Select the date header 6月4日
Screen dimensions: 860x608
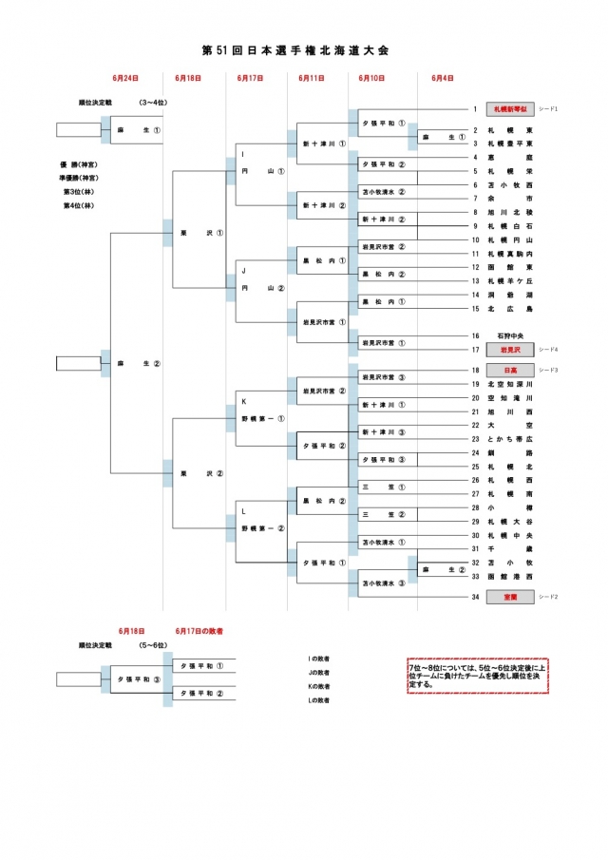click(442, 78)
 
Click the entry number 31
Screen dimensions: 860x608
click(475, 548)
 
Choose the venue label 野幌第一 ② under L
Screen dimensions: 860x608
click(262, 527)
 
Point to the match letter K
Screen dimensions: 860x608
click(243, 402)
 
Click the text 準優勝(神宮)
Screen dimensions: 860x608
click(82, 177)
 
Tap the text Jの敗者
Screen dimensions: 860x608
click(318, 672)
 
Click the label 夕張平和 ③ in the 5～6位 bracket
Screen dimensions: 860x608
click(138, 680)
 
